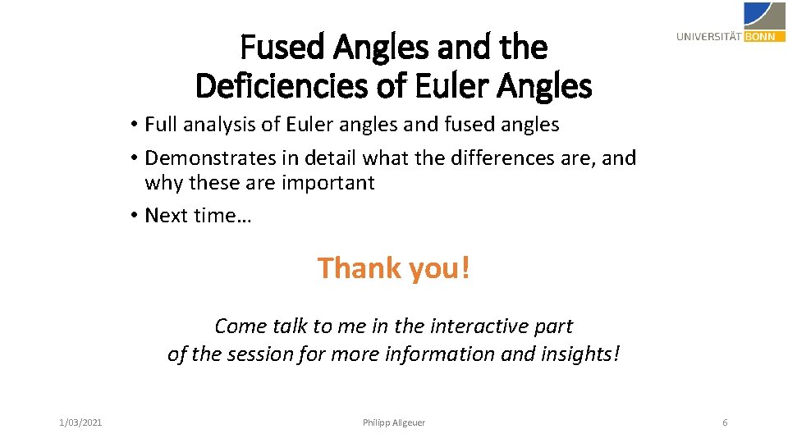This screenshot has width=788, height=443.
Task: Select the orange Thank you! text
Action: click(394, 267)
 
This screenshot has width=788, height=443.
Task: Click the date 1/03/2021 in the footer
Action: click(80, 422)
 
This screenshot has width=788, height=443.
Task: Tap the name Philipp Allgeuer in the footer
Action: click(394, 422)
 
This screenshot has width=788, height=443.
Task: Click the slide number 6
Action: click(725, 422)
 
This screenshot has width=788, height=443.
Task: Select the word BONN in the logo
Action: click(763, 36)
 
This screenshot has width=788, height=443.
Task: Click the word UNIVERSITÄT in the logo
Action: click(709, 36)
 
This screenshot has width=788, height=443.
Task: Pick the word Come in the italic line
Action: click(241, 326)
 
